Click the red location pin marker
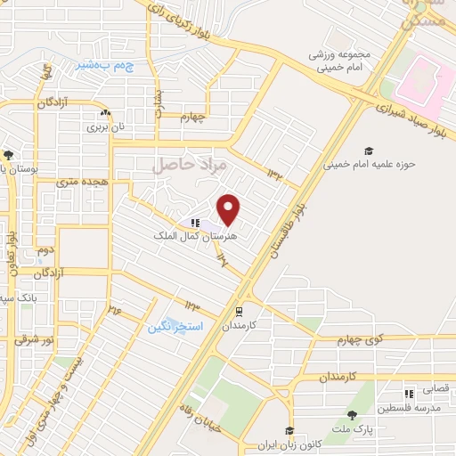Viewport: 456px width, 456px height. tap(230, 209)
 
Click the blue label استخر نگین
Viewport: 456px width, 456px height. tap(176, 327)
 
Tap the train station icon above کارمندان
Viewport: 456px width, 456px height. tap(239, 313)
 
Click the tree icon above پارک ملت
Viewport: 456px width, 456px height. tap(353, 415)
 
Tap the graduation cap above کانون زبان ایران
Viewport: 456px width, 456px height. tap(289, 431)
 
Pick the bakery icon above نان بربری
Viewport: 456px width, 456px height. tap(105, 113)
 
